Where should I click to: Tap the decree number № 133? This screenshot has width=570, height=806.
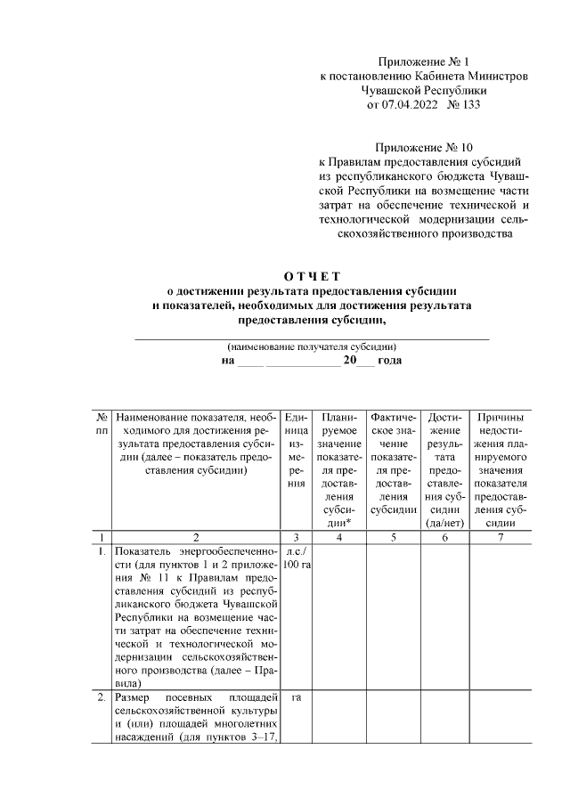click(462, 105)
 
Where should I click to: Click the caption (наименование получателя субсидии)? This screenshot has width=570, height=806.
click(312, 346)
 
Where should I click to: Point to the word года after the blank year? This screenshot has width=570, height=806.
click(389, 361)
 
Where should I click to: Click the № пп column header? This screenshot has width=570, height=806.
click(102, 423)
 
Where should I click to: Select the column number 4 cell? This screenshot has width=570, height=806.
click(338, 537)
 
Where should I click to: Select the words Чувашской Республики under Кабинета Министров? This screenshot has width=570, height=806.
click(423, 91)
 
